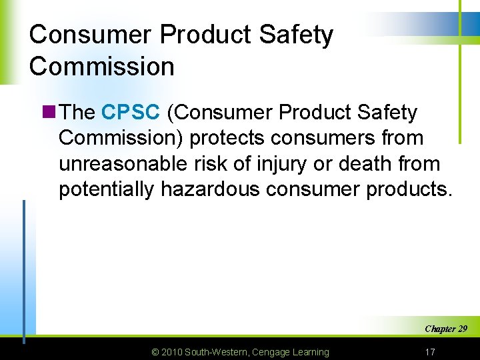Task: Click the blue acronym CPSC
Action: [x=131, y=113]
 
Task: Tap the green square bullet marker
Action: [x=48, y=113]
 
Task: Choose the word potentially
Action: [x=107, y=189]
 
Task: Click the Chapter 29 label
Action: [x=445, y=329]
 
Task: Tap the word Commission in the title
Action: [x=102, y=66]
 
